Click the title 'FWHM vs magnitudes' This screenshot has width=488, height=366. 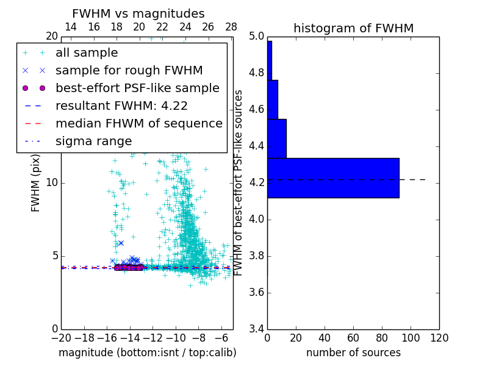[138, 14]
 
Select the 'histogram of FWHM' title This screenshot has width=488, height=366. [353, 29]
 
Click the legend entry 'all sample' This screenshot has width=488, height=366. [87, 53]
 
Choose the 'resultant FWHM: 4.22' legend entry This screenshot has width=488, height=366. [121, 106]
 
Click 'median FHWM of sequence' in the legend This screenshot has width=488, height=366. [138, 123]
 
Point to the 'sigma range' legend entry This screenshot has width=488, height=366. [93, 141]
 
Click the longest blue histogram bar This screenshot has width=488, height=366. [333, 178]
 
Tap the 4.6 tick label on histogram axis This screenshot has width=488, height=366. [256, 110]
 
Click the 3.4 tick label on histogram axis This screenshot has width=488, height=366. [256, 329]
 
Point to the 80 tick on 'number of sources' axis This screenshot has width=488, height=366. [382, 338]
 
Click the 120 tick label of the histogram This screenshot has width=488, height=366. [439, 338]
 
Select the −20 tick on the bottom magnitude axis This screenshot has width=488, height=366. [60, 338]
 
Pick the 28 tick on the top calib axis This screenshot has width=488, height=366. [231, 27]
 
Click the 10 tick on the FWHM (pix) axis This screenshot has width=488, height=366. [51, 183]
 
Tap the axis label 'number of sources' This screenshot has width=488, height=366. [353, 353]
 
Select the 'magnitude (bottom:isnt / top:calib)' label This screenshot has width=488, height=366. [147, 353]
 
